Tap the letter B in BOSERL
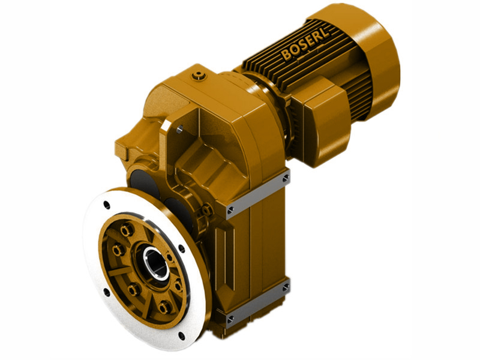[x=286, y=57]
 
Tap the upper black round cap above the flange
[x=139, y=178]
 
